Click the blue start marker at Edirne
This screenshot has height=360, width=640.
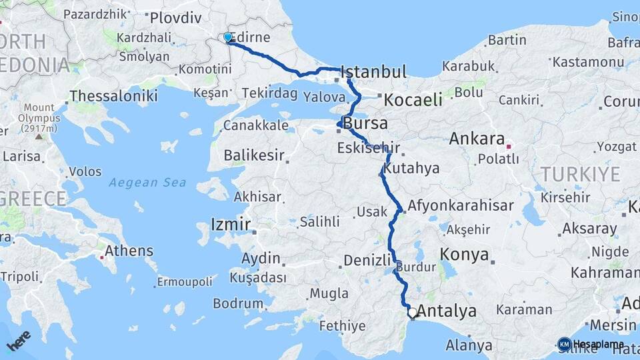[228, 38]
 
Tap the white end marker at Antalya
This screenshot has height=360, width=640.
[413, 312]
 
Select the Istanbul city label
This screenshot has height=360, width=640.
[373, 72]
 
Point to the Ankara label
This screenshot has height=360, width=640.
[477, 139]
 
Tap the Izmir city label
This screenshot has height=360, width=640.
[231, 224]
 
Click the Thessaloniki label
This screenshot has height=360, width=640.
[113, 96]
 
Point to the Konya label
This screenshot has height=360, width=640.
[465, 255]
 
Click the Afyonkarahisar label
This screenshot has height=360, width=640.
[461, 205]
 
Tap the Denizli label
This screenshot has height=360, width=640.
[366, 260]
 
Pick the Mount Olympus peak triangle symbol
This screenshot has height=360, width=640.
[39, 136]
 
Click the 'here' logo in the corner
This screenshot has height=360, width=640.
[19, 340]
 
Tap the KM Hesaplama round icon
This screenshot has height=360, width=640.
[564, 344]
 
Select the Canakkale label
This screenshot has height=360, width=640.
[255, 125]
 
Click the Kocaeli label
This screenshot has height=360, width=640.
[413, 100]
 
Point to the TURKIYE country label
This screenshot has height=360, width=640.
[580, 175]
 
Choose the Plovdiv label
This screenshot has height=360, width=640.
[175, 18]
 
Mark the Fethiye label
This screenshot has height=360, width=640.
[343, 326]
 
